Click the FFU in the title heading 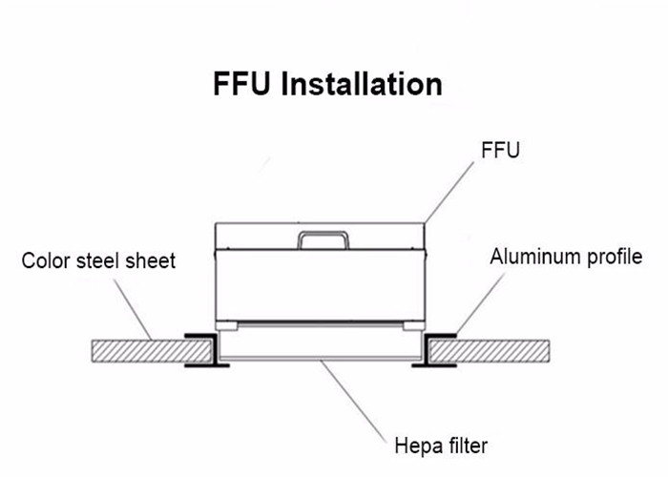tap(242, 83)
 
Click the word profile tap(615, 258)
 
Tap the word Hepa tap(416, 445)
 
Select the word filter tap(466, 445)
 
